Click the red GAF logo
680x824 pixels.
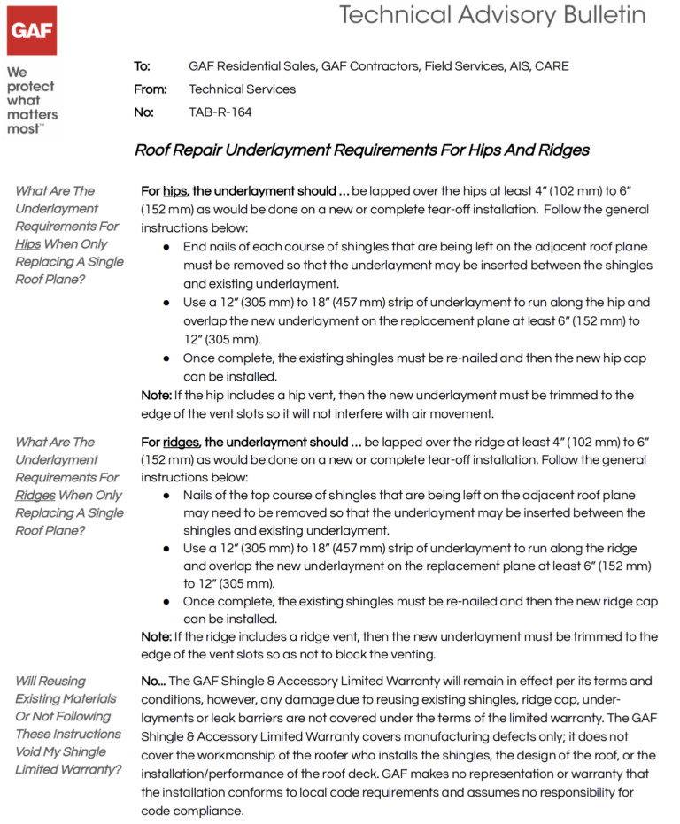click(x=32, y=31)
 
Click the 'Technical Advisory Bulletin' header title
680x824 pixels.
click(x=492, y=15)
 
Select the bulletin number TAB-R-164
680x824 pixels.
click(x=220, y=112)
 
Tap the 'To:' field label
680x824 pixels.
click(x=142, y=66)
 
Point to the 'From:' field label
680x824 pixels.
click(x=150, y=89)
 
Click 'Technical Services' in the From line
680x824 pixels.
click(x=242, y=89)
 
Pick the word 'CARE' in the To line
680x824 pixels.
click(x=552, y=66)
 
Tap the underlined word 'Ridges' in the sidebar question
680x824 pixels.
click(x=35, y=496)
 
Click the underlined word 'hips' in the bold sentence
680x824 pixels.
click(x=175, y=191)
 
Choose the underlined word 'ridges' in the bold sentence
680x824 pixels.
click(x=182, y=443)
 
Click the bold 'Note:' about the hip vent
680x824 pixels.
click(x=157, y=396)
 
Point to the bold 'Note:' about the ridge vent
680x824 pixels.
click(x=157, y=637)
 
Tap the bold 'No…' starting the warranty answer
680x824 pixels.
click(x=153, y=682)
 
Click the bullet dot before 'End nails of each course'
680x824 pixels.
click(x=166, y=248)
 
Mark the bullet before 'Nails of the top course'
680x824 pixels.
click(x=166, y=497)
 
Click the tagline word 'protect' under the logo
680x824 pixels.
click(x=30, y=87)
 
